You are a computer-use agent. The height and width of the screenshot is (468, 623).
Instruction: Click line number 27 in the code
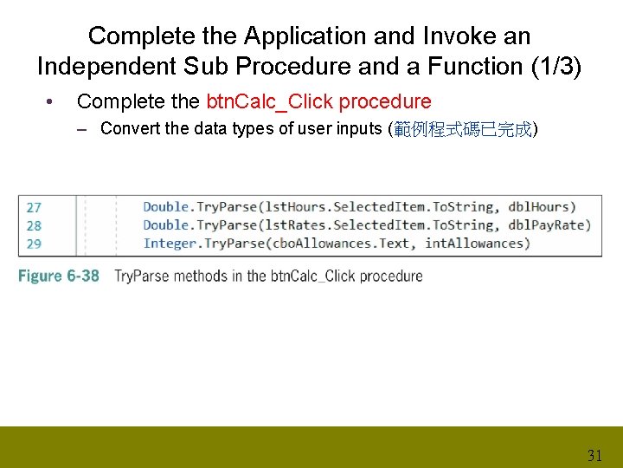coord(34,207)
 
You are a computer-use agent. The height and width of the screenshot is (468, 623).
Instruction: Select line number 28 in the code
coord(34,225)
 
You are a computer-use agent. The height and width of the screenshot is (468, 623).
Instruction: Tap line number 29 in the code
coord(34,244)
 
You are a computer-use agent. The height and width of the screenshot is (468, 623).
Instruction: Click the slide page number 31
coord(594,455)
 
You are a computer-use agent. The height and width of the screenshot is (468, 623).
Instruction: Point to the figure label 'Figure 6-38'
coord(59,276)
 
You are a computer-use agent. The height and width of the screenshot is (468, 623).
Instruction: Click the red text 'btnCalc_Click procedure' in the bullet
coord(318,101)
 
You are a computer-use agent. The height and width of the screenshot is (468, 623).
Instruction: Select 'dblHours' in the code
coord(539,207)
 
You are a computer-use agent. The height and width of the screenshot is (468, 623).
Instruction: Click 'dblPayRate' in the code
coord(549,225)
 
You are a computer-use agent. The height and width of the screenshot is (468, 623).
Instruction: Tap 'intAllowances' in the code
coord(474,244)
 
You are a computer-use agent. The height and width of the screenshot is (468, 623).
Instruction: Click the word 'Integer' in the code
coord(170,244)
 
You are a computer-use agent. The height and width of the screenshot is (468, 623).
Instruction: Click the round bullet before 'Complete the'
coord(54,102)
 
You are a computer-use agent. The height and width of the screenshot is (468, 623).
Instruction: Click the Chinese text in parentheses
coord(463,129)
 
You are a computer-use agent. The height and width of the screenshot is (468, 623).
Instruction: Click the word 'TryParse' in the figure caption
coord(144,276)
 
